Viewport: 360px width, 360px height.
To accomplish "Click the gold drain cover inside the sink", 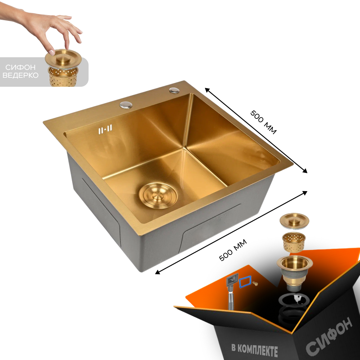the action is coord(158,195).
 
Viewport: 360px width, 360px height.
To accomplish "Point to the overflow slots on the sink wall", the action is coord(105,129).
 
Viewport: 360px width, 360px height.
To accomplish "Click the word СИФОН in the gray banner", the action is coord(21,67).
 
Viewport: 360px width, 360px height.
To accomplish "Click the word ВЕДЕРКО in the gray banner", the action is coord(21,75).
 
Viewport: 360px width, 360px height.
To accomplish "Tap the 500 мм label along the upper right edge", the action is coord(264,122).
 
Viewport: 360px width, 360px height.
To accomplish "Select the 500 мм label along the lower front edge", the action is coord(233,250).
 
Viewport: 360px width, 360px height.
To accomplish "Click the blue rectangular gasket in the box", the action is coord(245,282).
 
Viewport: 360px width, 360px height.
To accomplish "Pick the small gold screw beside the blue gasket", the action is coord(255,284).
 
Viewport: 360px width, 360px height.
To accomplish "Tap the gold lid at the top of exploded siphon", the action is coord(294,221).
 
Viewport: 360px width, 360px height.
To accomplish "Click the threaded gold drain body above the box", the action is coord(294,273).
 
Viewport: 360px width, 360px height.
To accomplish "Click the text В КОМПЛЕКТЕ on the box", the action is coord(255,350).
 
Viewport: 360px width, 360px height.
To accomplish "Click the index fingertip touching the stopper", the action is coord(52,52).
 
